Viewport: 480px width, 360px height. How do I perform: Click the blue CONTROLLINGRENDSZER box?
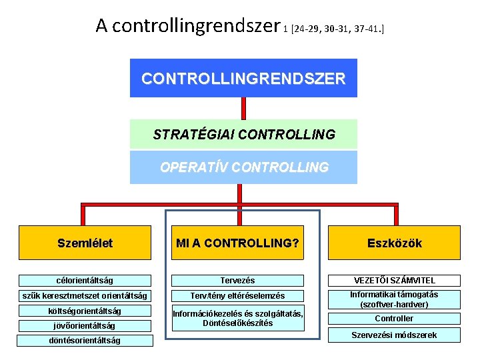(x=243, y=78)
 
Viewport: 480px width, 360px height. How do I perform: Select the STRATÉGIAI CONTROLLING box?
(x=243, y=134)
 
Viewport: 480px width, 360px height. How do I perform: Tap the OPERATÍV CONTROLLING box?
(x=243, y=167)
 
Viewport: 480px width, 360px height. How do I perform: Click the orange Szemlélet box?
(x=85, y=243)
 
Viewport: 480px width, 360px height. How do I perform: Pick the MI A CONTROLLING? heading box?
(x=237, y=243)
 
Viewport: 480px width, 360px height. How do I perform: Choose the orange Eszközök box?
(x=394, y=243)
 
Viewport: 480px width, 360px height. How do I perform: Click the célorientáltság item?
(x=85, y=281)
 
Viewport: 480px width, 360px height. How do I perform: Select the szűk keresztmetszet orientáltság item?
(x=85, y=296)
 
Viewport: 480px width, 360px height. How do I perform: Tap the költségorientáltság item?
(x=85, y=311)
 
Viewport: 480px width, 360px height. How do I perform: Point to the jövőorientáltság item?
(x=85, y=326)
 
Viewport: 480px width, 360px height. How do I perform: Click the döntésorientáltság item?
(x=85, y=341)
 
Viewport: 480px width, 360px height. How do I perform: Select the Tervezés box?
(x=238, y=281)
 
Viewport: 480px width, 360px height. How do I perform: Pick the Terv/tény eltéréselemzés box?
(x=238, y=296)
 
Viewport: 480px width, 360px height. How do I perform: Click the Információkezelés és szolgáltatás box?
(x=238, y=319)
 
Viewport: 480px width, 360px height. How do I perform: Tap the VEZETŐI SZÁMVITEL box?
(x=394, y=281)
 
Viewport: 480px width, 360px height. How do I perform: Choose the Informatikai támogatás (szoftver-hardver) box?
(x=394, y=299)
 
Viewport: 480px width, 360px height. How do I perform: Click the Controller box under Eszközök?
(x=394, y=319)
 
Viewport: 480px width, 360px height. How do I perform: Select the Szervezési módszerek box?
(x=394, y=335)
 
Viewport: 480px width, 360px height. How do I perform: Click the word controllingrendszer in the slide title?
(x=196, y=26)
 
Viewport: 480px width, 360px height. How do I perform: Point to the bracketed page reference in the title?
(x=337, y=29)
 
